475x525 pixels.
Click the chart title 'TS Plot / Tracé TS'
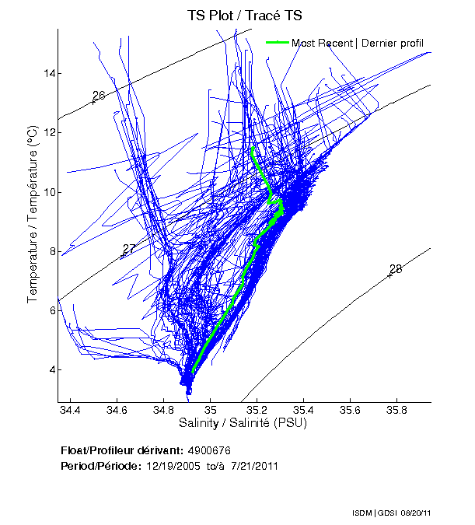[x=244, y=15]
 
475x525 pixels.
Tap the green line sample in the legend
[x=278, y=43]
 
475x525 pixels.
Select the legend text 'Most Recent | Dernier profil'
[x=358, y=43]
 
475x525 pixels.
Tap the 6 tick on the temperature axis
[x=50, y=310]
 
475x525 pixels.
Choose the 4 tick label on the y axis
[x=50, y=369]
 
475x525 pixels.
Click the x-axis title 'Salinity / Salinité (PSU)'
[x=243, y=423]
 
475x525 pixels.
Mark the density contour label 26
[x=99, y=96]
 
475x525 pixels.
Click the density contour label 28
[x=396, y=269]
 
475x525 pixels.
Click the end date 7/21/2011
[x=253, y=466]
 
